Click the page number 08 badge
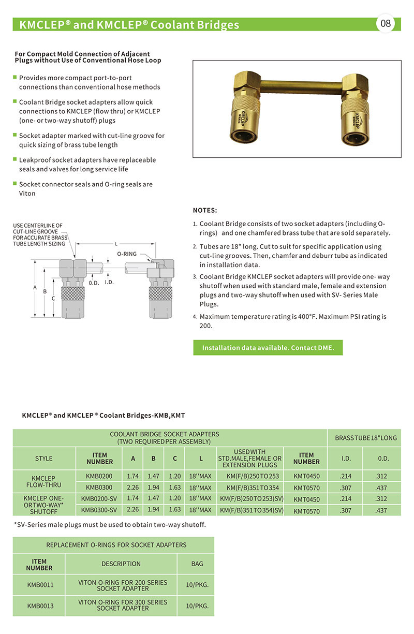[386, 24]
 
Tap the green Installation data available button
[268, 348]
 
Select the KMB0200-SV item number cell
[100, 499]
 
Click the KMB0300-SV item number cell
[100, 511]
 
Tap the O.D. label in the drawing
[94, 283]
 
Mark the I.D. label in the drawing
[109, 282]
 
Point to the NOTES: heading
[205, 211]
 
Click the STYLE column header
[43, 459]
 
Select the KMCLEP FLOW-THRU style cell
[43, 482]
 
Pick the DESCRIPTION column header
[121, 564]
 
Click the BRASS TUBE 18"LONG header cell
[366, 438]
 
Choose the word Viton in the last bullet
[27, 194]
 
